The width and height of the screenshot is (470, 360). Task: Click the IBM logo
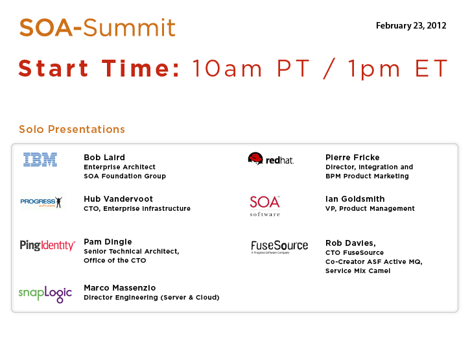tap(40, 160)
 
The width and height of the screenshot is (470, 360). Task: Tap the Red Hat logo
tap(271, 159)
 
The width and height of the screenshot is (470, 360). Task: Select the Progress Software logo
tap(41, 202)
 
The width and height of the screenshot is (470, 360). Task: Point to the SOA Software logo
tap(265, 206)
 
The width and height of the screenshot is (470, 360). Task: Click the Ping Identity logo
tap(47, 245)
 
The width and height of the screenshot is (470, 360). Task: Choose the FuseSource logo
tap(279, 246)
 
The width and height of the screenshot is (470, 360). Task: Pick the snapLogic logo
tap(45, 294)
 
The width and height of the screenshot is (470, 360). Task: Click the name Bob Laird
tap(104, 157)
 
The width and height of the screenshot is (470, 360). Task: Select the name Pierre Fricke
tap(353, 157)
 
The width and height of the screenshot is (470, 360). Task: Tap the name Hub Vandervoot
tap(119, 199)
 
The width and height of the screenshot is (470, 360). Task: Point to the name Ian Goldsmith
tap(355, 199)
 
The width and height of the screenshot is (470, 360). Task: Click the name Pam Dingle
tap(108, 242)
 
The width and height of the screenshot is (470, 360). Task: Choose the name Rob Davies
tap(349, 243)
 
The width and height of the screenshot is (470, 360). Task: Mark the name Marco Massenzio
tap(120, 288)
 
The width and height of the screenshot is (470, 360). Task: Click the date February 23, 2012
tap(411, 26)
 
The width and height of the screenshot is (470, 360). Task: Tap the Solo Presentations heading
tap(72, 129)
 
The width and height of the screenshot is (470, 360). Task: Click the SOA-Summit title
tap(97, 28)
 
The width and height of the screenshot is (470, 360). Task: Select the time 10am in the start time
tap(227, 69)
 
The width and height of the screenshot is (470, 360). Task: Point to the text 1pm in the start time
tap(374, 69)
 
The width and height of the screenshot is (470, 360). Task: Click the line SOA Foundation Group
tap(124, 176)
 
